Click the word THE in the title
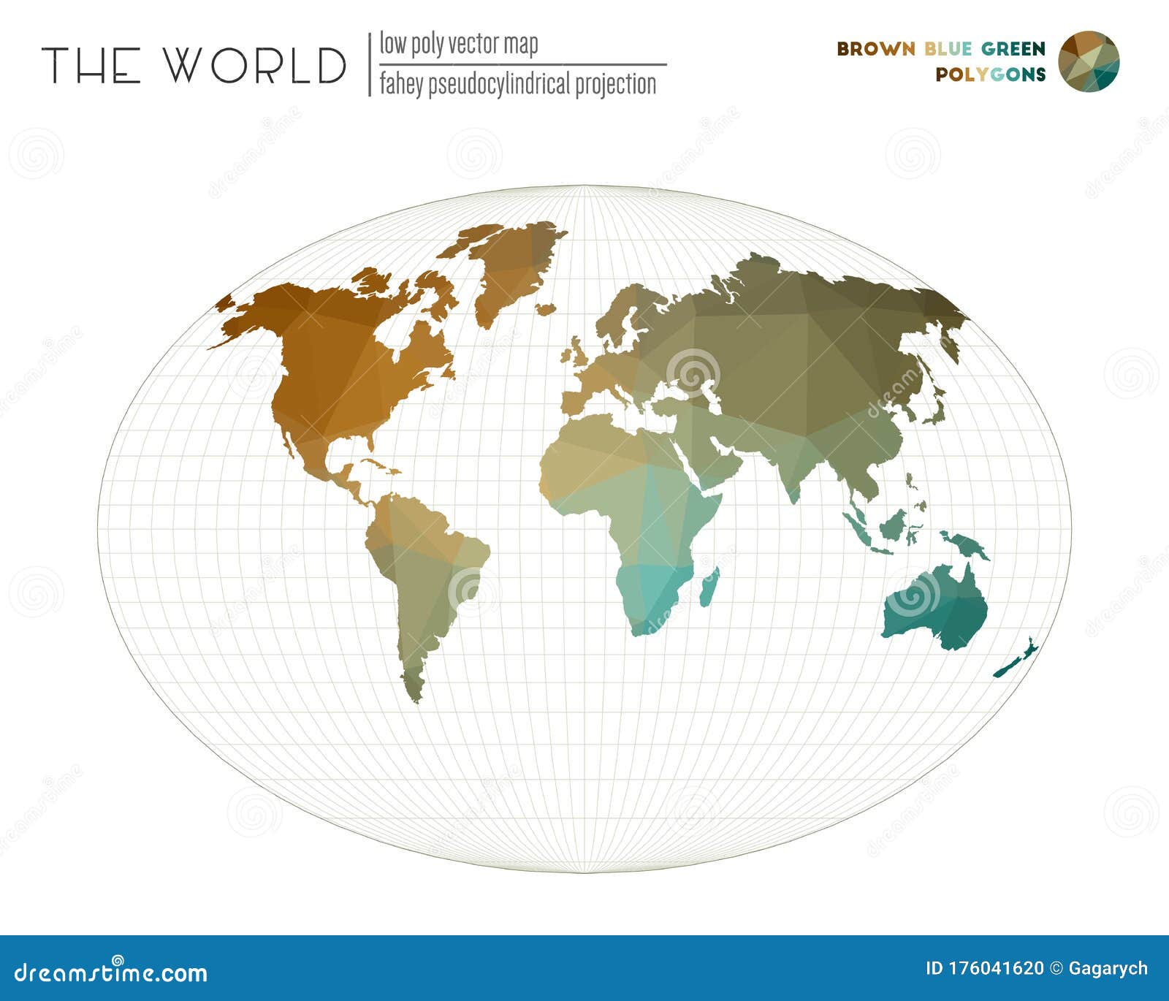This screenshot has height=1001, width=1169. click(x=91, y=65)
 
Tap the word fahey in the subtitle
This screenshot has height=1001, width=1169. click(x=401, y=85)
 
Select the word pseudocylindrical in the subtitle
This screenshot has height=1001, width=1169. click(x=498, y=85)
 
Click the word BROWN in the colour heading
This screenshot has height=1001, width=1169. click(x=875, y=49)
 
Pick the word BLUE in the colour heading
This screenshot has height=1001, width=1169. click(x=948, y=49)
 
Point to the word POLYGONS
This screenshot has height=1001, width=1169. click(x=990, y=75)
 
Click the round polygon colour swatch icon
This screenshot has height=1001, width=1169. click(x=1088, y=61)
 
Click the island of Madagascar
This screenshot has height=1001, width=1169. click(x=709, y=587)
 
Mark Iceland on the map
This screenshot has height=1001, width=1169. click(x=545, y=310)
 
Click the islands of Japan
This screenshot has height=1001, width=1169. click(x=934, y=406)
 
